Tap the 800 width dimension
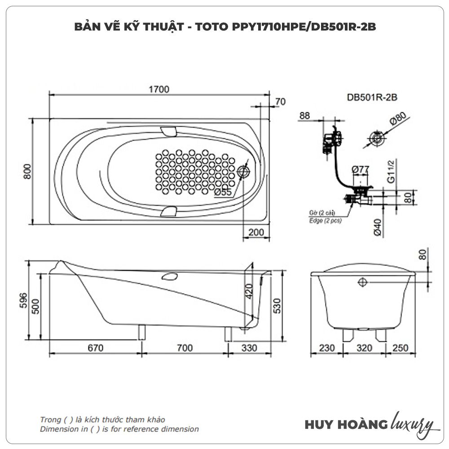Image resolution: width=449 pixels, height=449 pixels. coord(27,171)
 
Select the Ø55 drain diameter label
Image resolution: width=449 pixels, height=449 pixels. coord(223,192)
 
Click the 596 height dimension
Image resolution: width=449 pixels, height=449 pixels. coord(24,300)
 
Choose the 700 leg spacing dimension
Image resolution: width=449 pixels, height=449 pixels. coord(183,348)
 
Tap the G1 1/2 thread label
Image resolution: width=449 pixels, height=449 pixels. coord(392,173)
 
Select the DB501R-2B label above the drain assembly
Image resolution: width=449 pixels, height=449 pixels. coord(367,97)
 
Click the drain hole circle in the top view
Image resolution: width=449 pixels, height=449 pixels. coord(244,172)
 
